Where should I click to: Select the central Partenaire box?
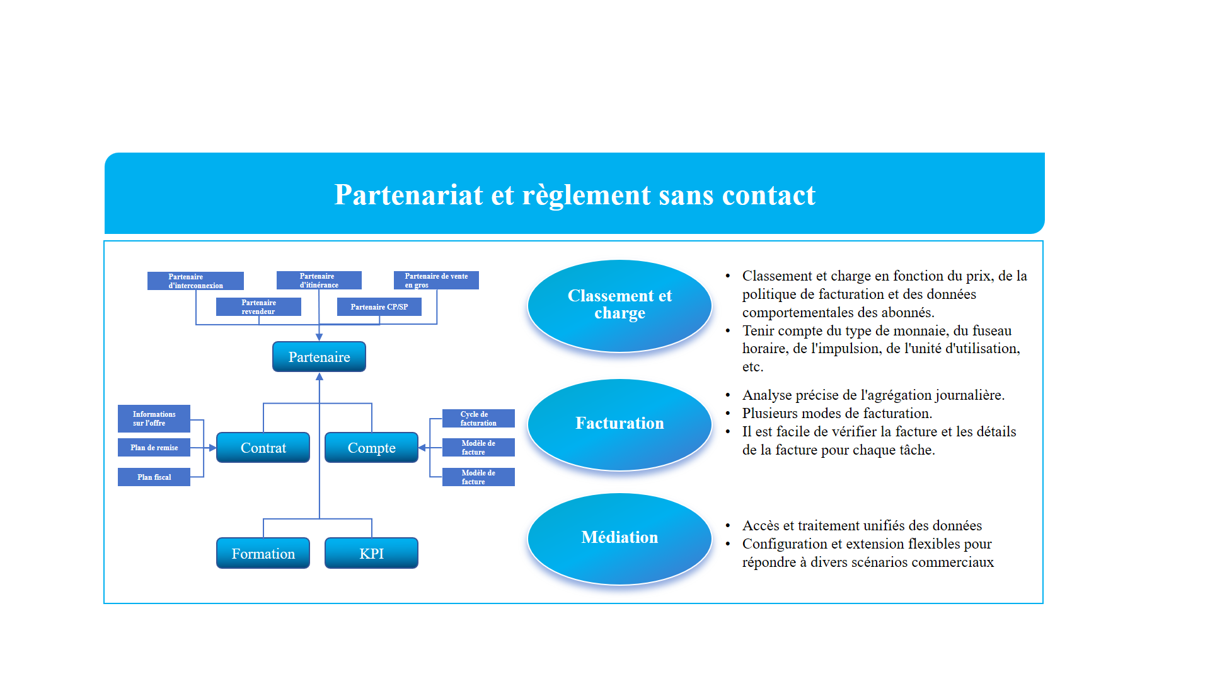point(319,357)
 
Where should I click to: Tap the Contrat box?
point(263,448)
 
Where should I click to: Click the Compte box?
point(371,448)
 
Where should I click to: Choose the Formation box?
point(263,554)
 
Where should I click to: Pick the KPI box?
point(371,554)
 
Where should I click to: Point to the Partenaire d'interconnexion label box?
point(195,281)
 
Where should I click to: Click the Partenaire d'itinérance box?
point(319,280)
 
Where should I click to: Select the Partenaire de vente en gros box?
point(436,280)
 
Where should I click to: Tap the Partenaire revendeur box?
point(258,306)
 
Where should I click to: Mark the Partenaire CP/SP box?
point(379,307)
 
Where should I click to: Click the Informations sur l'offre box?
point(154,419)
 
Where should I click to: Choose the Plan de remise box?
point(154,448)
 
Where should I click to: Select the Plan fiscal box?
point(154,477)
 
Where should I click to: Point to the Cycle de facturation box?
point(478,419)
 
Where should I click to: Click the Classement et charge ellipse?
point(619,305)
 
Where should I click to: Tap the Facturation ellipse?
point(619,424)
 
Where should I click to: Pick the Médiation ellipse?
point(619,538)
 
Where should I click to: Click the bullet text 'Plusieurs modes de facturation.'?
point(837,414)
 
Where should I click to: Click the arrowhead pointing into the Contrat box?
point(212,448)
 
